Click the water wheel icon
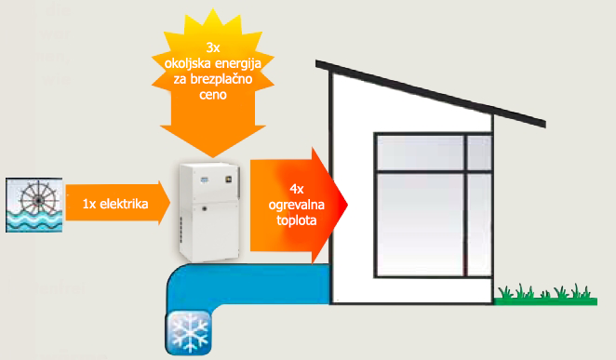pyautogui.click(x=34, y=205)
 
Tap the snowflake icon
pyautogui.click(x=189, y=332)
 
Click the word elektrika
pyautogui.click(x=124, y=204)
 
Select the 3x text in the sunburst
pyautogui.click(x=213, y=47)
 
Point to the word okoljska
pyautogui.click(x=187, y=63)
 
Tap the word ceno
pyautogui.click(x=213, y=95)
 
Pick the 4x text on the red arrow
pyautogui.click(x=297, y=189)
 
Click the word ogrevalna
pyautogui.click(x=297, y=205)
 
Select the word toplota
pyautogui.click(x=297, y=220)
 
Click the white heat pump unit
pyautogui.click(x=209, y=212)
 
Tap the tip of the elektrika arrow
pyautogui.click(x=170, y=203)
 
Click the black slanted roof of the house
pyautogui.click(x=431, y=93)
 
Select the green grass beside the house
pyautogui.click(x=545, y=296)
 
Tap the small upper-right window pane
pyautogui.click(x=479, y=153)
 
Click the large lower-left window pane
pyautogui.click(x=421, y=224)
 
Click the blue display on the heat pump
pyautogui.click(x=204, y=180)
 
